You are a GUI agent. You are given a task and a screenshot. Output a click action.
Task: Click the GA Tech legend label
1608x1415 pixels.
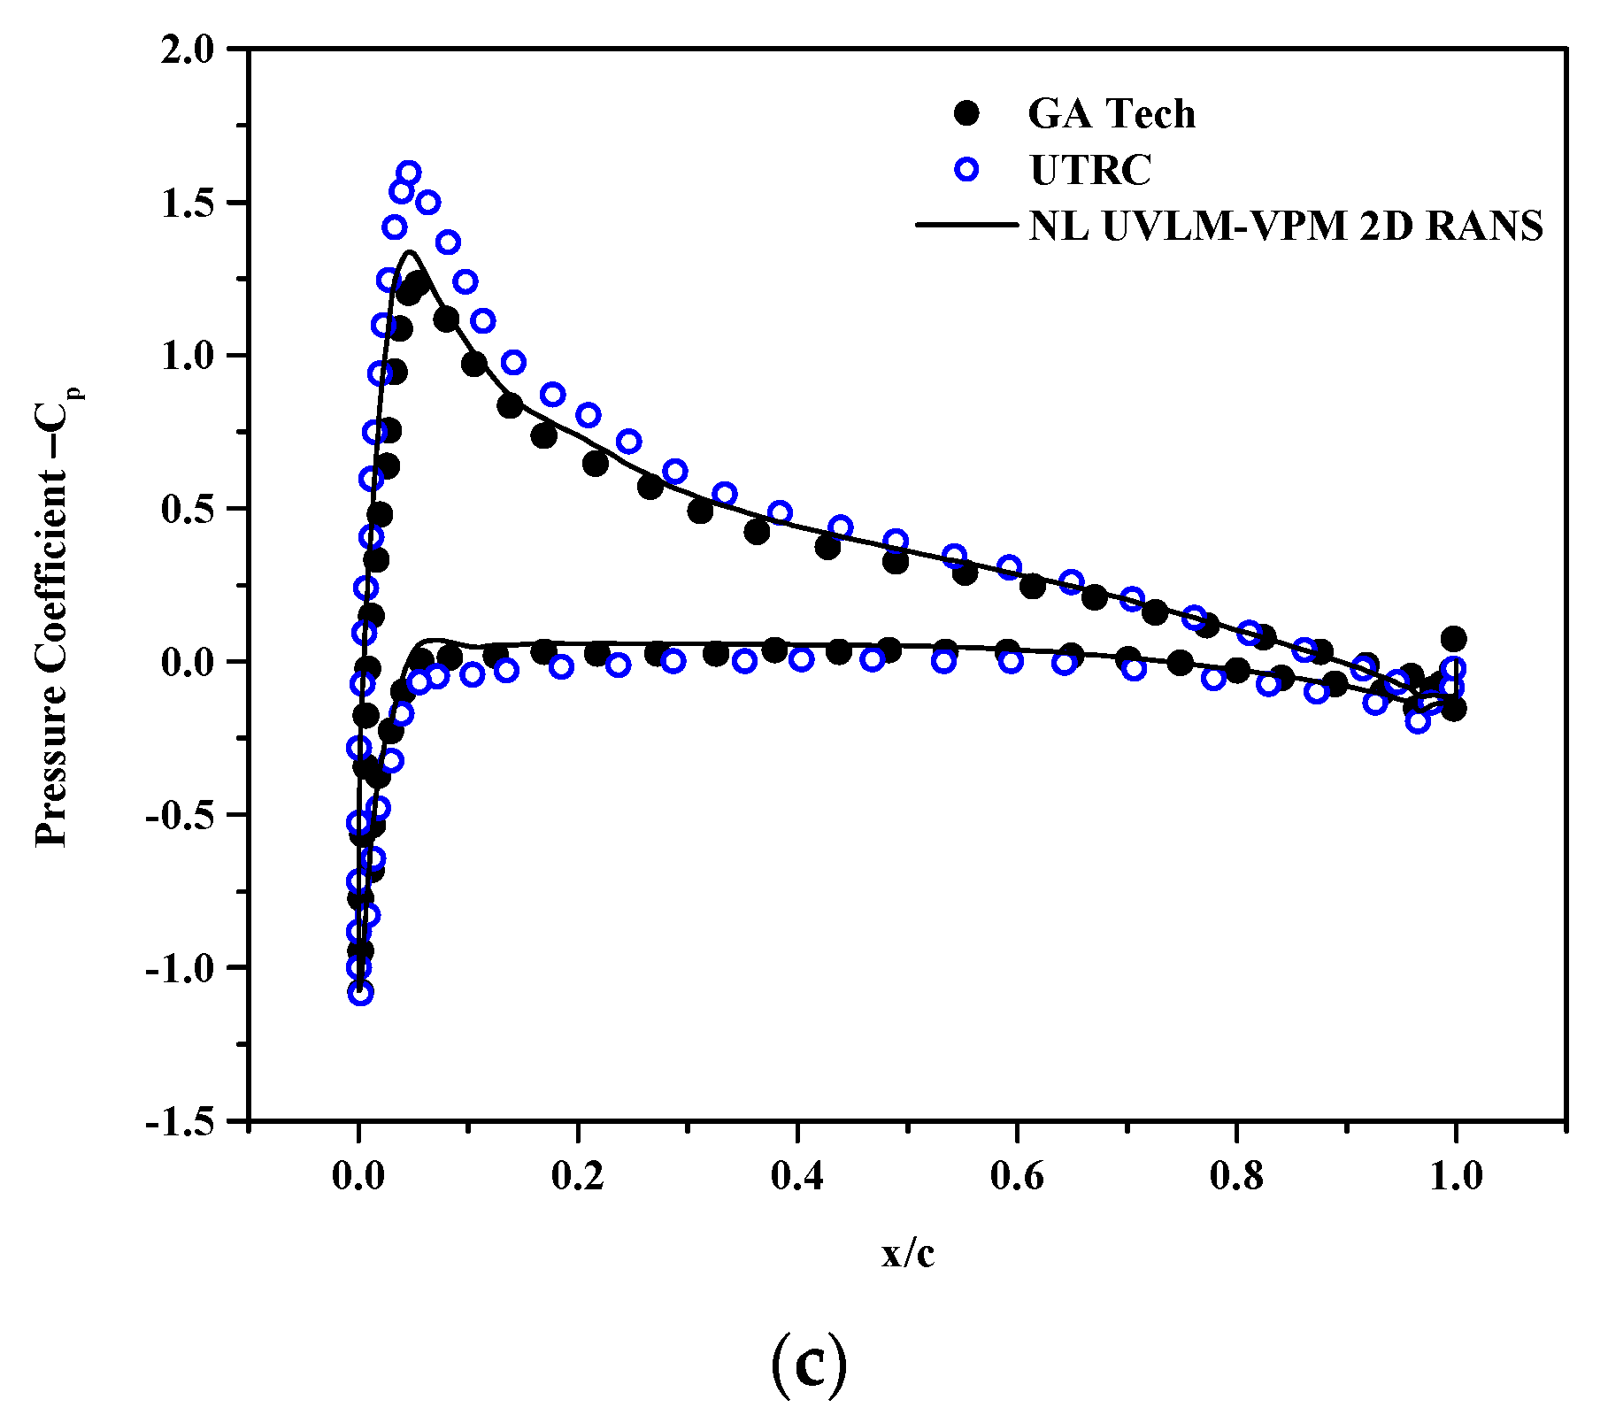coord(1111,114)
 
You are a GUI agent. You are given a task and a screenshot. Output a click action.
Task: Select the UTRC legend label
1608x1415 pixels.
coord(1090,170)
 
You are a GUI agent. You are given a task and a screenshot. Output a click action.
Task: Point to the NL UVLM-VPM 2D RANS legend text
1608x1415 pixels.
coord(1286,227)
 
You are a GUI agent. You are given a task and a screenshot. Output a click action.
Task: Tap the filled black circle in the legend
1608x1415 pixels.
coord(968,113)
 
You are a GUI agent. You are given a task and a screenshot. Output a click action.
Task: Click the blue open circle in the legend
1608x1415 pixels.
coord(968,169)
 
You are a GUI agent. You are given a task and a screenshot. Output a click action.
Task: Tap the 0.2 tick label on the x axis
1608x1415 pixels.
coord(577,1176)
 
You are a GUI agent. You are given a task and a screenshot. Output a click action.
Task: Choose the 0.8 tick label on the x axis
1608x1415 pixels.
coord(1235,1176)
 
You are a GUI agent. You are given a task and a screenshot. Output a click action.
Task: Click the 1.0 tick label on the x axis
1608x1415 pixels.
coord(1455,1176)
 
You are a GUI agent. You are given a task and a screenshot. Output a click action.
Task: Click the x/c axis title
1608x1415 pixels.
coord(908,1254)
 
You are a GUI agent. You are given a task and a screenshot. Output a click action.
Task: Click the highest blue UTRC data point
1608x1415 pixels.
coord(409,173)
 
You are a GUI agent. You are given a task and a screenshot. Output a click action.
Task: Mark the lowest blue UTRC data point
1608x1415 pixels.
coord(360,993)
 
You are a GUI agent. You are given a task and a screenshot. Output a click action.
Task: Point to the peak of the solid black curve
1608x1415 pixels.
coord(411,252)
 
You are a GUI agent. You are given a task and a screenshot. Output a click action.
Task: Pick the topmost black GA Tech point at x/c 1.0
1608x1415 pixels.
coord(1453,639)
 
